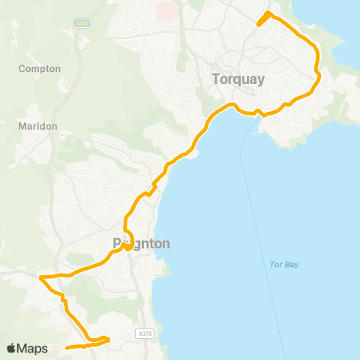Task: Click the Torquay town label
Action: click(x=238, y=79)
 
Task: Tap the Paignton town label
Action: click(x=142, y=244)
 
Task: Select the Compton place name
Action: click(x=39, y=68)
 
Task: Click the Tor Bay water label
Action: click(x=283, y=264)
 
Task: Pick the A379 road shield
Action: click(x=145, y=333)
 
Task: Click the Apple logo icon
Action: click(x=12, y=348)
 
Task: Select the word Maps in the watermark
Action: click(x=33, y=348)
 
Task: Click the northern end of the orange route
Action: click(x=268, y=13)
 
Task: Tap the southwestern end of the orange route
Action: click(x=67, y=347)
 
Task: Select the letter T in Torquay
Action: click(x=216, y=79)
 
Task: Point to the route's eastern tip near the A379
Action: click(x=109, y=339)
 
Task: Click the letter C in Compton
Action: click(x=22, y=68)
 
